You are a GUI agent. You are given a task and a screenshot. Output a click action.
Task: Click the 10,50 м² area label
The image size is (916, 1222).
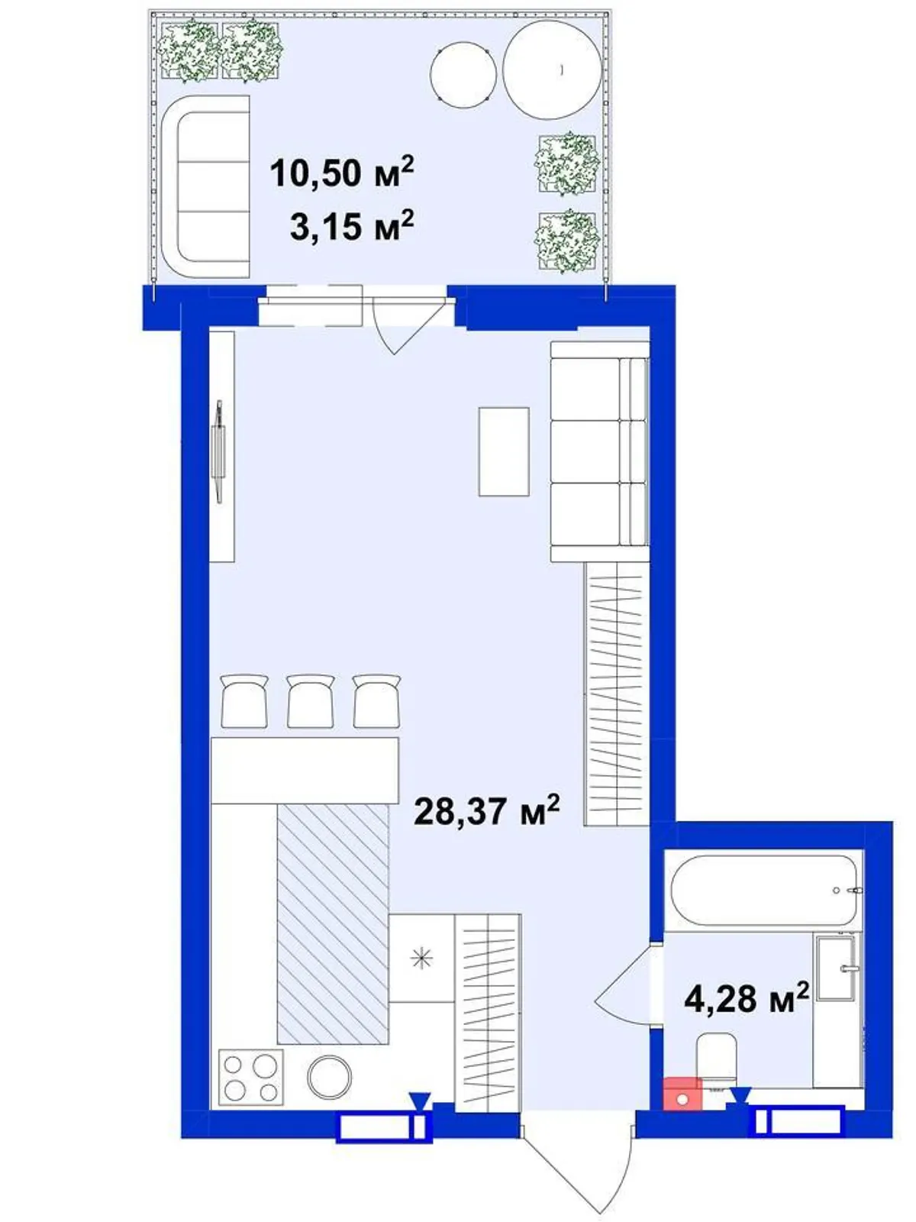(x=342, y=172)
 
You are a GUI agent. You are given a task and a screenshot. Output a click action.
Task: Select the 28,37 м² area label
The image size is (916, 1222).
(x=487, y=811)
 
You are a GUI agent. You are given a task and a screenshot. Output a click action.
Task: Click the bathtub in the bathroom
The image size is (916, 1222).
(x=765, y=891)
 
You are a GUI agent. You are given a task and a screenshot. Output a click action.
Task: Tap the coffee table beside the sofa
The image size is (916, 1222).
(x=504, y=451)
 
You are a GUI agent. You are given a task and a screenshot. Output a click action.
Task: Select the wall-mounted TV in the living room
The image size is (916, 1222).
(x=219, y=451)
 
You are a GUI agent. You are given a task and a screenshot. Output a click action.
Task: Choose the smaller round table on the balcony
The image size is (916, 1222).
(x=463, y=75)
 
